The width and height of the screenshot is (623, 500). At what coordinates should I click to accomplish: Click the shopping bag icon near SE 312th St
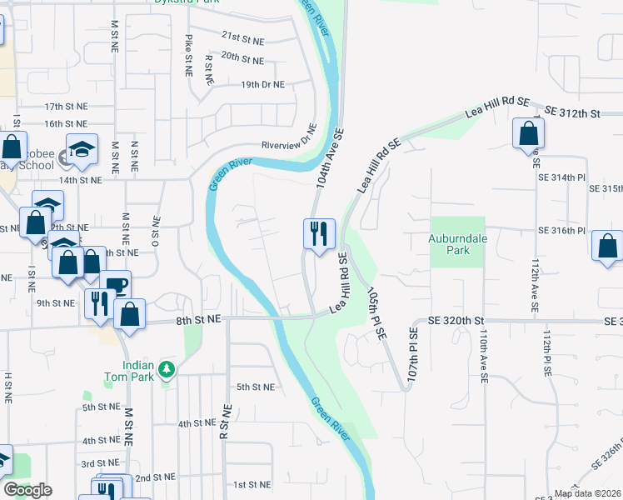(x=529, y=133)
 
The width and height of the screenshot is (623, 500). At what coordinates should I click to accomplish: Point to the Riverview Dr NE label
(x=290, y=143)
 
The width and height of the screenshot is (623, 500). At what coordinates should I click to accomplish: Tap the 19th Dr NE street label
(x=262, y=84)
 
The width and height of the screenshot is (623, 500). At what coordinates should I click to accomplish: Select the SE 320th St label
(x=456, y=320)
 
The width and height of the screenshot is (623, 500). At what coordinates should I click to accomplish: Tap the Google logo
(x=27, y=490)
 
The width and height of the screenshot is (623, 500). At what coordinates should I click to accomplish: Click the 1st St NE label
(x=252, y=484)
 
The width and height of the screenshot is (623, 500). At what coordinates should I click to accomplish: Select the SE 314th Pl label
(x=563, y=178)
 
